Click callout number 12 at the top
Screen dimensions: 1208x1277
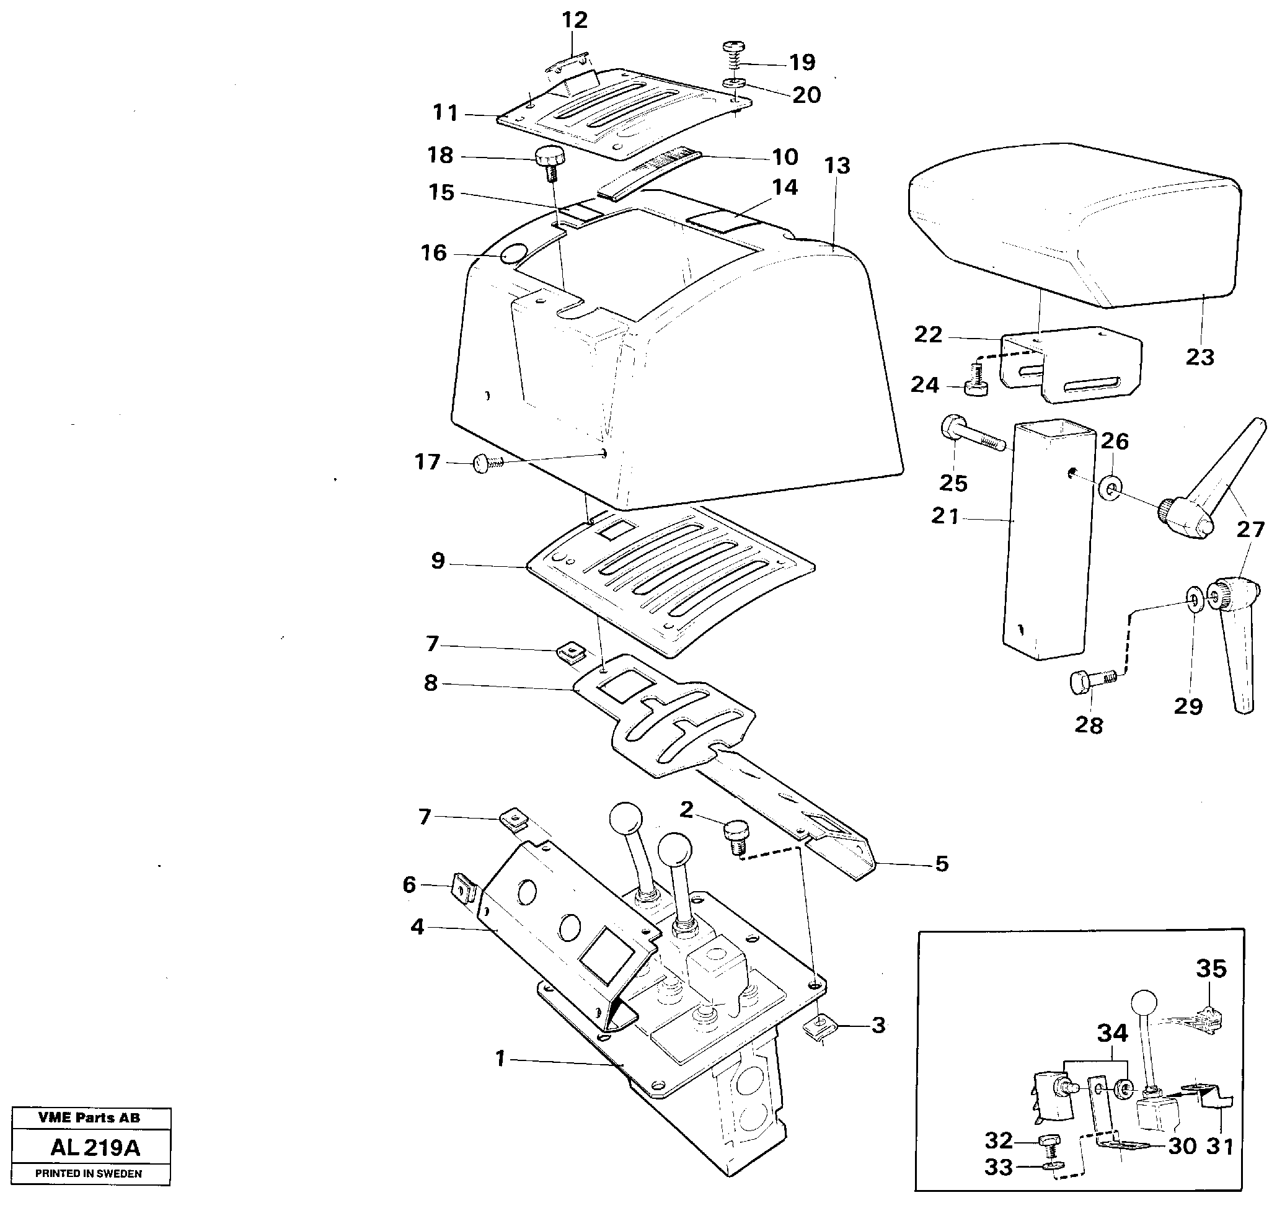574,20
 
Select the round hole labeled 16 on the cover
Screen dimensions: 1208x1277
513,254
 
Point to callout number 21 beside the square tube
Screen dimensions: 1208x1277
945,517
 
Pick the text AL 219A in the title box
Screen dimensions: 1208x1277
95,1147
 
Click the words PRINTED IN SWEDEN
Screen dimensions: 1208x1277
88,1173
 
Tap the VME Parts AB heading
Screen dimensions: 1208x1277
88,1117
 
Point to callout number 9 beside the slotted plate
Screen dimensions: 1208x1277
438,561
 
